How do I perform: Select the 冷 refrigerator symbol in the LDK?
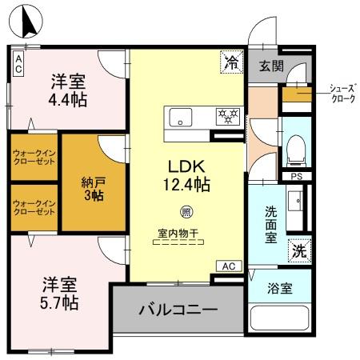(x=230, y=60)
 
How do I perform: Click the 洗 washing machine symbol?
(x=298, y=250)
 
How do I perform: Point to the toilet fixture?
(x=295, y=148)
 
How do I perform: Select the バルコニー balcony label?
(x=177, y=307)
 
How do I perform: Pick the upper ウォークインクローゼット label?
(x=34, y=157)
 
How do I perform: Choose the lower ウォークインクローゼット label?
(x=34, y=208)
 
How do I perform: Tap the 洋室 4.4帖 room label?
(x=70, y=90)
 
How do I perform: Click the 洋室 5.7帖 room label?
(x=60, y=293)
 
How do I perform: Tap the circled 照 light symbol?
(x=186, y=212)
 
